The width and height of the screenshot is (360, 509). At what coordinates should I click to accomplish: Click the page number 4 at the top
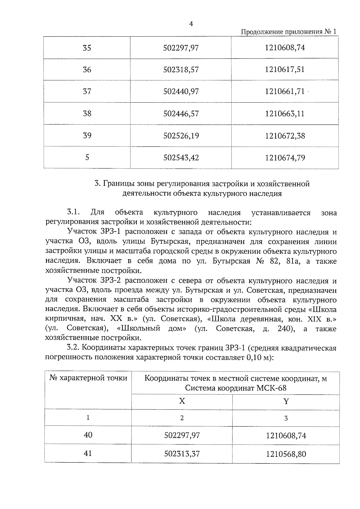(x=191, y=24)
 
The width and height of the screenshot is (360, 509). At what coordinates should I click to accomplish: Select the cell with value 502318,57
(x=181, y=70)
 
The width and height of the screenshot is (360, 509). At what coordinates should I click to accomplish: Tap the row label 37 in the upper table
(x=87, y=91)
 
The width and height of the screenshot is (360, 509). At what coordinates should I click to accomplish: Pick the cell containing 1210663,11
(x=285, y=114)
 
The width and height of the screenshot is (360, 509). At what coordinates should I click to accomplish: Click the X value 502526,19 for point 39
(x=181, y=136)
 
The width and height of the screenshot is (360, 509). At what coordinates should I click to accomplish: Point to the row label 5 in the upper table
(x=87, y=157)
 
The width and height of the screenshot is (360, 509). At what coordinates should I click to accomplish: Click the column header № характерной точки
(x=88, y=378)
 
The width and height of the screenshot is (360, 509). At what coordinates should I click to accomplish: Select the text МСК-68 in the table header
(x=271, y=388)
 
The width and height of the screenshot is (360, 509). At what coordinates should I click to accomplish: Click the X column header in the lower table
(x=182, y=401)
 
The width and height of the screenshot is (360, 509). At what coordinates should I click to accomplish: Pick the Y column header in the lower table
(x=286, y=401)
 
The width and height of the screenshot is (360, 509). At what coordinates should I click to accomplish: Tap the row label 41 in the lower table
(x=88, y=453)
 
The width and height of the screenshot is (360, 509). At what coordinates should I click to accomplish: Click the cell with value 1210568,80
(x=286, y=454)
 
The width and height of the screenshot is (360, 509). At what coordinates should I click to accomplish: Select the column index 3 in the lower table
(x=286, y=418)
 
